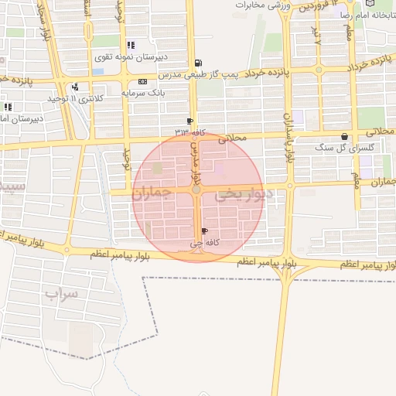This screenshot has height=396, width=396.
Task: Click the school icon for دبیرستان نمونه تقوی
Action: [130, 45]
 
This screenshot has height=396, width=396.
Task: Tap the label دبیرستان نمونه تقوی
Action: [129, 56]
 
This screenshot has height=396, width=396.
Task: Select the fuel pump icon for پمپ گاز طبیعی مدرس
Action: [200, 63]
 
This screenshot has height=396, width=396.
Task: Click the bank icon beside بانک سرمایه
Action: [142, 81]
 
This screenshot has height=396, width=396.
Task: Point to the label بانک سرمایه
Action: [142, 92]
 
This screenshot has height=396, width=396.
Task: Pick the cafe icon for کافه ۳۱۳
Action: [189, 121]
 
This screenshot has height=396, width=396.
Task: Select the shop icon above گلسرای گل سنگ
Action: [343, 137]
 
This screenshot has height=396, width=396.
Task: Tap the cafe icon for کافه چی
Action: [204, 230]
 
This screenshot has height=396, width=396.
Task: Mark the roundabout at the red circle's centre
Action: [197, 189]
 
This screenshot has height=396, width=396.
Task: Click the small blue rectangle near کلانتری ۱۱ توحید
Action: [97, 72]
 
